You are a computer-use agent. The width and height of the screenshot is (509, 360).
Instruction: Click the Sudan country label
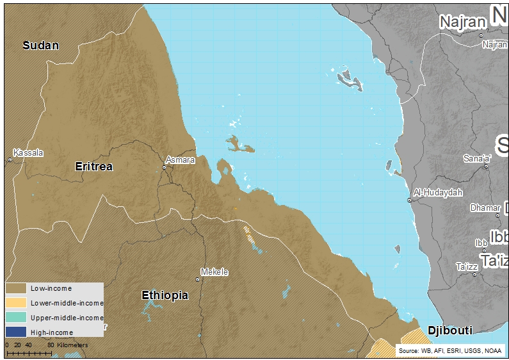click(40, 45)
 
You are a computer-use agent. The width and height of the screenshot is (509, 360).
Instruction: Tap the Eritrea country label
click(93, 167)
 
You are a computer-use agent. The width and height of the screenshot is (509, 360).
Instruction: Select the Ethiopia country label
click(165, 295)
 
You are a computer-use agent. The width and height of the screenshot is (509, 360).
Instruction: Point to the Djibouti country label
click(449, 331)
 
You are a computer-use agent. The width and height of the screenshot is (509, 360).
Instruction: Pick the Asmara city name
click(180, 160)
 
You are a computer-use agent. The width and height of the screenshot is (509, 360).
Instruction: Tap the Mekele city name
click(214, 272)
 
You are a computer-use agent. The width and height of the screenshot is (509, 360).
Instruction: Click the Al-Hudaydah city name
click(438, 192)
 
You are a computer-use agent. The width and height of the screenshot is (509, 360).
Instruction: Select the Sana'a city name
click(477, 158)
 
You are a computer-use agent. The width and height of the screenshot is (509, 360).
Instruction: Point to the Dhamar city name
click(485, 208)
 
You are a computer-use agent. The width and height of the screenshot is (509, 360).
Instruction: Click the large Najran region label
click(462, 22)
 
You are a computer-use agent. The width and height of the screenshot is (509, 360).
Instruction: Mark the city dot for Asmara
click(165, 168)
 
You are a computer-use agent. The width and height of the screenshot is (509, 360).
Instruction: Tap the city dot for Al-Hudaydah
click(410, 200)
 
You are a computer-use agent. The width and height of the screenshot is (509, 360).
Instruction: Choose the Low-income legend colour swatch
click(16, 288)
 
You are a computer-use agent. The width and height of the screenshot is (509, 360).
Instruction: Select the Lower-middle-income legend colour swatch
click(16, 303)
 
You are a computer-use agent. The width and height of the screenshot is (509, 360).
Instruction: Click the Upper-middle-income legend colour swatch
click(16, 318)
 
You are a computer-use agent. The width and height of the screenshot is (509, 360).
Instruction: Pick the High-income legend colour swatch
click(16, 332)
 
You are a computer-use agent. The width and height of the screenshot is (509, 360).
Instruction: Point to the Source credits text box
click(450, 351)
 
